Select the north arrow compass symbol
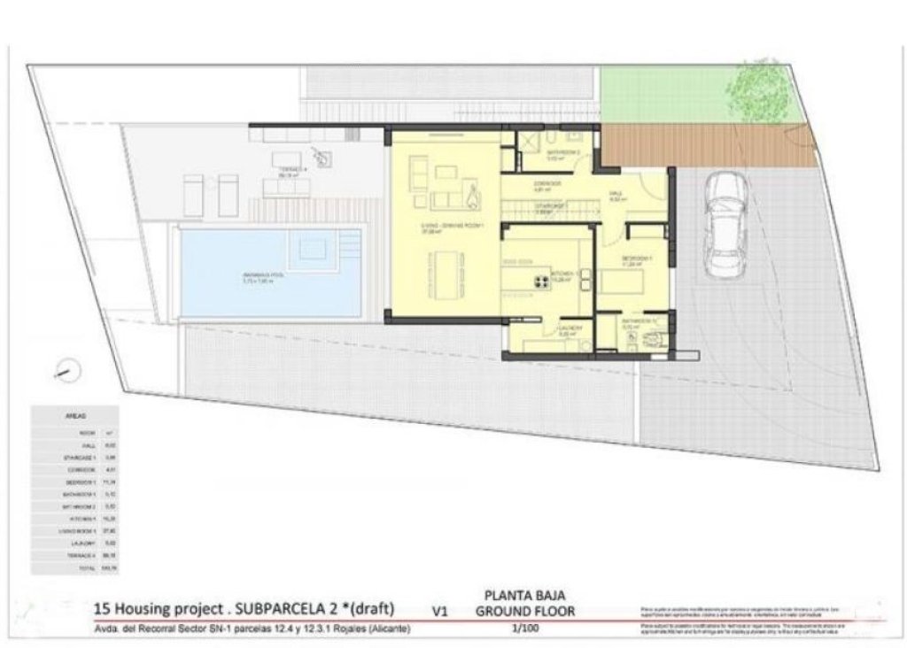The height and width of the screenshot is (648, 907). point(66,369)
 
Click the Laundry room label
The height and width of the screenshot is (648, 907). point(570,328)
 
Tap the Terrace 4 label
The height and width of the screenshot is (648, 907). point(291,168)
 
